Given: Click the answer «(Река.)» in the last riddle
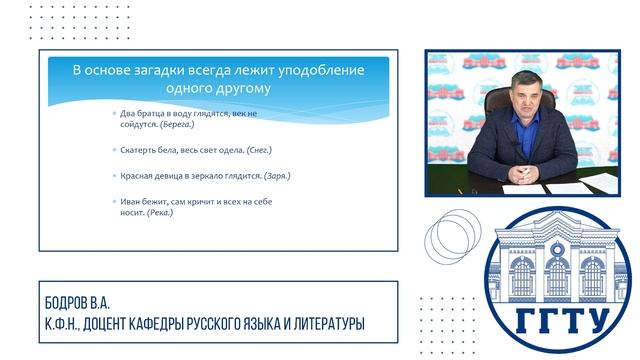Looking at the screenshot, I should (x=159, y=212).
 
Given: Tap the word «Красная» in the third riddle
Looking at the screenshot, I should (x=136, y=176).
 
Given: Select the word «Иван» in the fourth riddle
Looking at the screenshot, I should (x=129, y=201).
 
